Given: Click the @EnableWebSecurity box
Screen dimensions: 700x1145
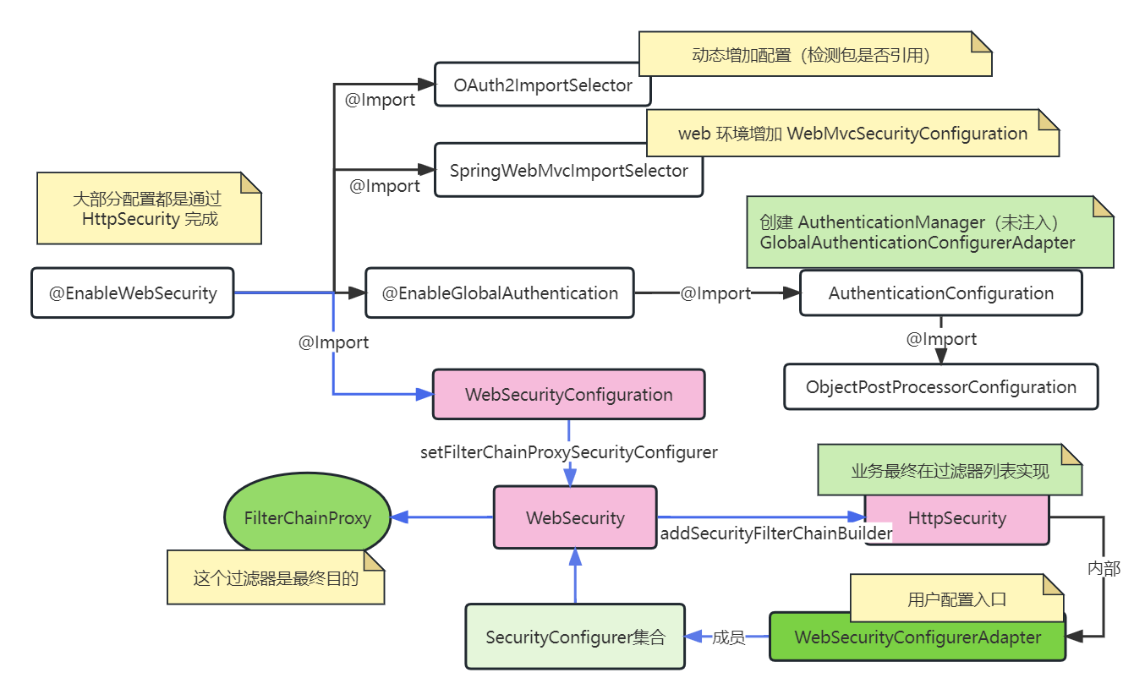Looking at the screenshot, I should (132, 293).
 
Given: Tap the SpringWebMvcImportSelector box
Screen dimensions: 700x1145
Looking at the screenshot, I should (568, 171).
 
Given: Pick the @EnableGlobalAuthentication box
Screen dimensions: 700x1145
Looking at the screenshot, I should (500, 293).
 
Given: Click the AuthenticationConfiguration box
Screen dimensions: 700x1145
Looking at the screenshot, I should (940, 293).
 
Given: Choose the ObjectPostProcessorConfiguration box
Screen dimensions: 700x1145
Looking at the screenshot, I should (940, 387).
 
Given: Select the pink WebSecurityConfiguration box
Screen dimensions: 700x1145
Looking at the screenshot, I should (568, 395).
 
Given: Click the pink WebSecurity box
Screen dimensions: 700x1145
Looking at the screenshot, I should (575, 517).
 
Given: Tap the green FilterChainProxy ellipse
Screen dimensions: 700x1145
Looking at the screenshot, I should (308, 518).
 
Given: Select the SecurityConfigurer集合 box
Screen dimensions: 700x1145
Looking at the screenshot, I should (575, 637).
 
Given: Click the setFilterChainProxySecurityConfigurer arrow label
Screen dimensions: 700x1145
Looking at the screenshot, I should (568, 452).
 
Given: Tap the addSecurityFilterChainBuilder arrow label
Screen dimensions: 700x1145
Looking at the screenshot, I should (775, 533).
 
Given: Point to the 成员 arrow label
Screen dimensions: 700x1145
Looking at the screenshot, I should (728, 637).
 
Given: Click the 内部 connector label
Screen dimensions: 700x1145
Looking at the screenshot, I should (1104, 569).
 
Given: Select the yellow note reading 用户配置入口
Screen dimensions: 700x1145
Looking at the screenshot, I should (956, 599).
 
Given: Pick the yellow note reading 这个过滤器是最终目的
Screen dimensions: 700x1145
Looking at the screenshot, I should (276, 578).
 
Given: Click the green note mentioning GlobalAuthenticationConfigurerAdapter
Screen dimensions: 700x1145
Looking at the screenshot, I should (930, 232).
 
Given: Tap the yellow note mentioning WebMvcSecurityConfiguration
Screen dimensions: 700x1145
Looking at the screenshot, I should (852, 134).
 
